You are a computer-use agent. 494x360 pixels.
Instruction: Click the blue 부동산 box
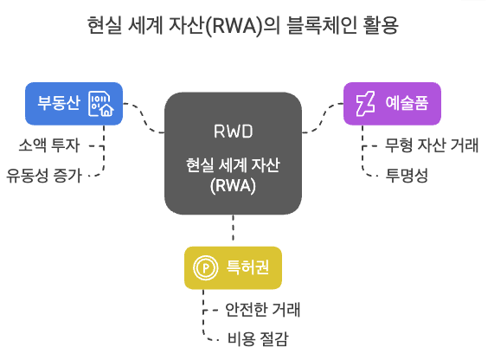pos(74,104)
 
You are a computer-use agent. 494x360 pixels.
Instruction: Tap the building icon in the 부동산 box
pos(101,104)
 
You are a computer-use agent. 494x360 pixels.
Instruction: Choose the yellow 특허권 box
pos(233,267)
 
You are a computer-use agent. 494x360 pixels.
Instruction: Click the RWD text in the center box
pos(233,132)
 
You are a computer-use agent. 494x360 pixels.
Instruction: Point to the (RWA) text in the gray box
pos(233,183)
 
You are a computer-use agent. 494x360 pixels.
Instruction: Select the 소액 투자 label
pos(54,144)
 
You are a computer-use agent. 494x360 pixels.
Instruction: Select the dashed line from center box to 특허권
pos(233,228)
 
